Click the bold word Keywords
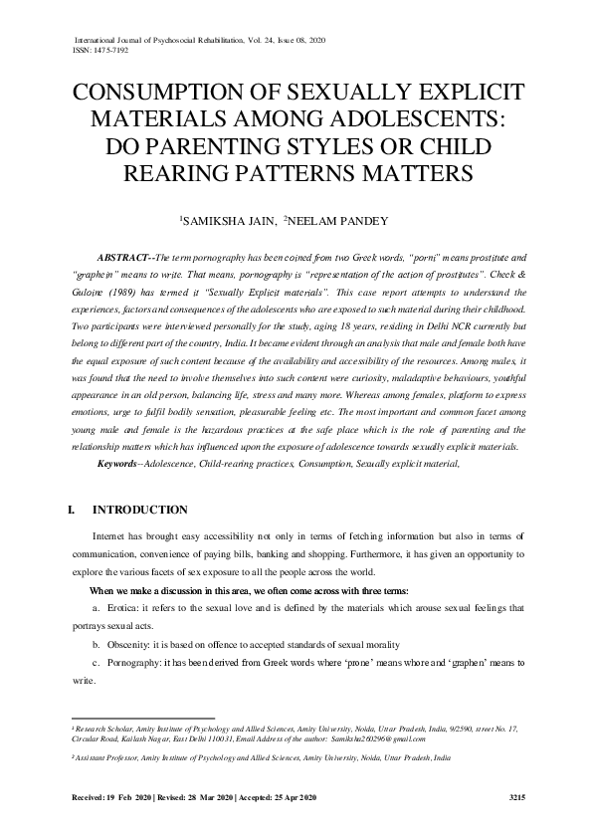[124, 465]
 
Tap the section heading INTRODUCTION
[146, 511]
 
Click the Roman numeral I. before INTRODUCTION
[71, 511]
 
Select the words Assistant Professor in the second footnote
[113, 756]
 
